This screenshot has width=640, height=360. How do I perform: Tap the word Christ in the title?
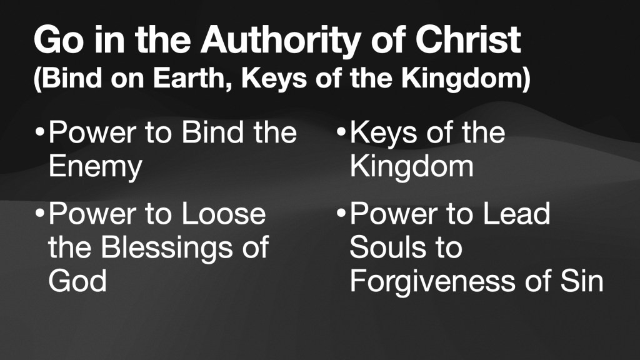(467, 39)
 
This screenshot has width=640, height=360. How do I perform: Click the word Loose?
(224, 214)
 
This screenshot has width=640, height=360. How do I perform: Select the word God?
(77, 281)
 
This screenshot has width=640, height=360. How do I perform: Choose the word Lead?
(517, 214)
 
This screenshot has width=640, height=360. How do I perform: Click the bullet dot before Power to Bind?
(39, 132)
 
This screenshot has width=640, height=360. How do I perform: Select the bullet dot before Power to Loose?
(39, 212)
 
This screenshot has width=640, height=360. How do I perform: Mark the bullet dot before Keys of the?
(341, 132)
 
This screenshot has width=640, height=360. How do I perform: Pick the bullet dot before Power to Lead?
(341, 212)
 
